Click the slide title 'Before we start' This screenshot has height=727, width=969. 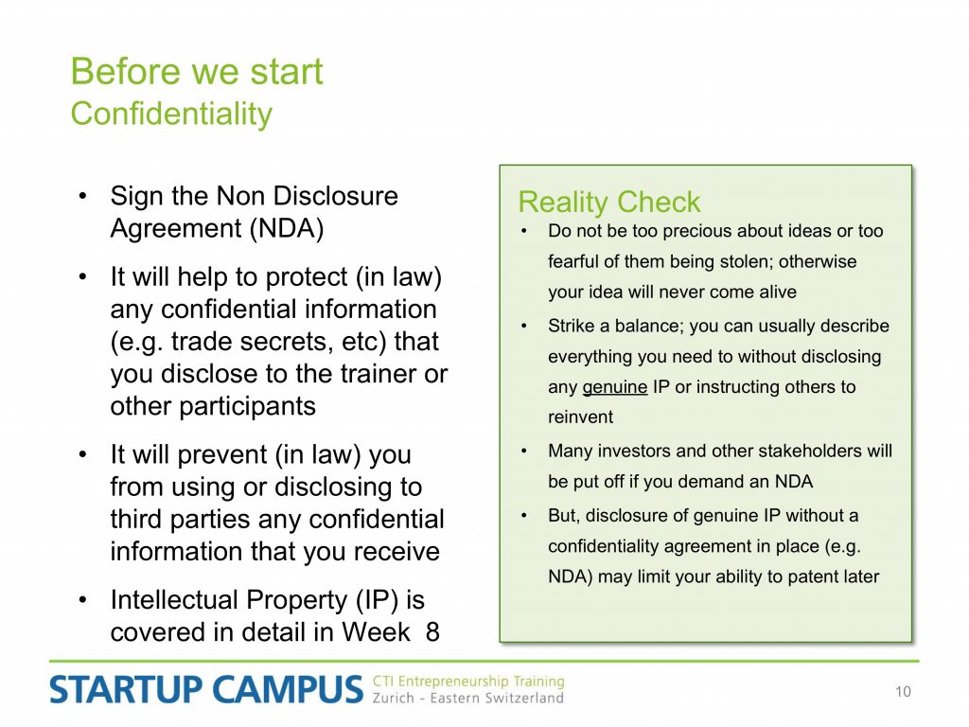point(197,71)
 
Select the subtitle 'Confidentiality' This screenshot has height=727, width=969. point(171,115)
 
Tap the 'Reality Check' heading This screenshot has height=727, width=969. point(609,203)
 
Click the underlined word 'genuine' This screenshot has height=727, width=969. point(615,387)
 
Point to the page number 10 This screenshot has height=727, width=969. point(903,691)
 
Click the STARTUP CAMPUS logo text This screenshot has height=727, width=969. point(205,690)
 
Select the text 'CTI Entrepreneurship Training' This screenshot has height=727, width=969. point(468,682)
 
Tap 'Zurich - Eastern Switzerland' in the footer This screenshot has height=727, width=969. point(467,698)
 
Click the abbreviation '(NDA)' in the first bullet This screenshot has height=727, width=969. point(287,229)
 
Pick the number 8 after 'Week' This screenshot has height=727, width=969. point(432,631)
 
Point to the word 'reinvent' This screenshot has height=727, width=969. point(580,417)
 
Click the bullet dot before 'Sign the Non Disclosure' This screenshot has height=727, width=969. point(83,197)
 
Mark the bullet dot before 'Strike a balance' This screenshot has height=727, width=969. point(524,326)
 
